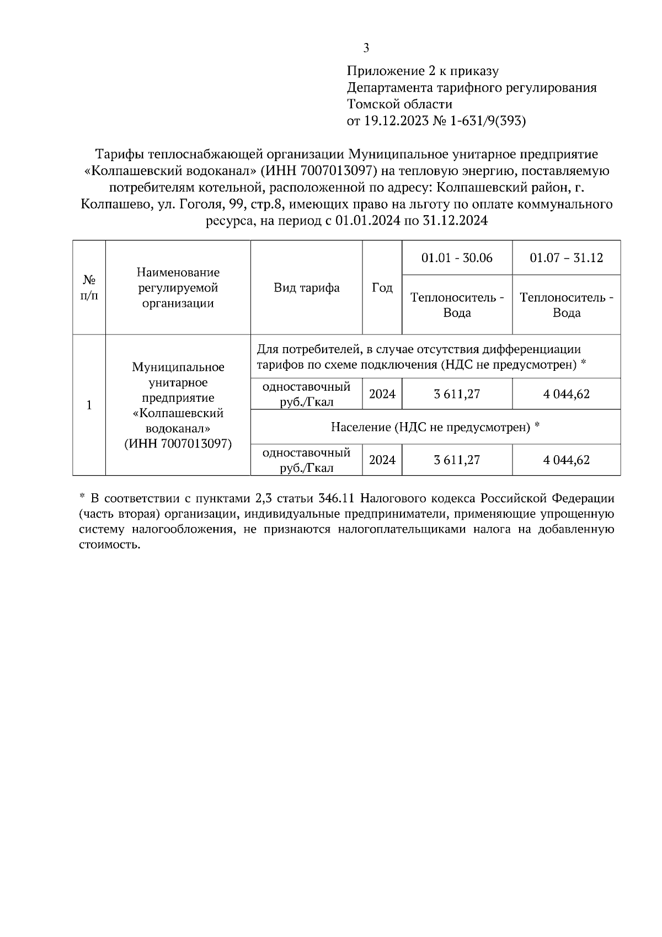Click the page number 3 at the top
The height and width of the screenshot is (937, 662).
click(x=366, y=48)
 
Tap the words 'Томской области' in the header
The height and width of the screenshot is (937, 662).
click(x=399, y=104)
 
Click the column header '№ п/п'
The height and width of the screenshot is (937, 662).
click(x=89, y=288)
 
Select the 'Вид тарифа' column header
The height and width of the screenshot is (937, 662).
click(x=307, y=288)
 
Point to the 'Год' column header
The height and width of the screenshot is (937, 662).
click(x=382, y=288)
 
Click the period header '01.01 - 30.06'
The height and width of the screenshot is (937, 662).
click(x=457, y=258)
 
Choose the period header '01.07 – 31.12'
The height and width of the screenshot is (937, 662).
click(x=566, y=258)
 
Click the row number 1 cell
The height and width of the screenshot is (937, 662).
click(x=89, y=405)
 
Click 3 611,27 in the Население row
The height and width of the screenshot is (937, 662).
click(x=457, y=460)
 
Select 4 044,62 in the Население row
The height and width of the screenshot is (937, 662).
click(x=566, y=460)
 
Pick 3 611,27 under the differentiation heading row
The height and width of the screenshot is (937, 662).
click(x=457, y=394)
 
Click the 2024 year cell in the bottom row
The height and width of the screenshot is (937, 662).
click(x=382, y=460)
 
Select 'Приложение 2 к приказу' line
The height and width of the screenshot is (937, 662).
click(x=423, y=71)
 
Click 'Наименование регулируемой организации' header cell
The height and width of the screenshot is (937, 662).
click(x=178, y=288)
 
